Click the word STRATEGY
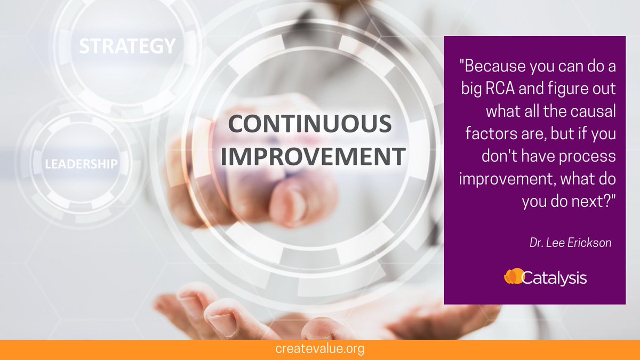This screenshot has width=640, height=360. [127, 46]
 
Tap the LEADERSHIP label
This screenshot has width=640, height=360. [81, 163]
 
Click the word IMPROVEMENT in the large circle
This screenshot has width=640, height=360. [313, 157]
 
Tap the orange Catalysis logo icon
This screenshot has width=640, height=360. [514, 277]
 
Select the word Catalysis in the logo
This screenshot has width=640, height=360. [555, 278]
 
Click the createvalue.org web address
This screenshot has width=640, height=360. [320, 349]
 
